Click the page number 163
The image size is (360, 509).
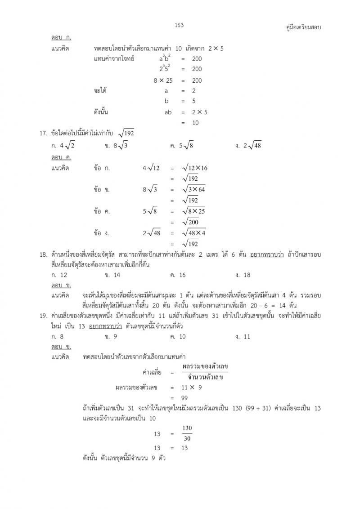[x=180, y=25]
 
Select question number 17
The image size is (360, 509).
[x=44, y=133]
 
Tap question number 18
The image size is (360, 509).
[x=44, y=255]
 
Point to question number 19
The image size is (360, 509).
[x=44, y=316]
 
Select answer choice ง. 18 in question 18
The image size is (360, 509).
[x=243, y=275]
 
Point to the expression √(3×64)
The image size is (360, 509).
[x=195, y=189]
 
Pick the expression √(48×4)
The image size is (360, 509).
[x=195, y=233]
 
